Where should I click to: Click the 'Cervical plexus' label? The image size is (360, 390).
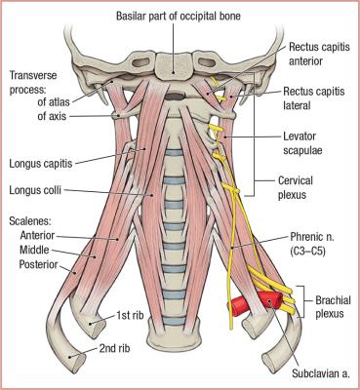pyautogui.click(x=308, y=186)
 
